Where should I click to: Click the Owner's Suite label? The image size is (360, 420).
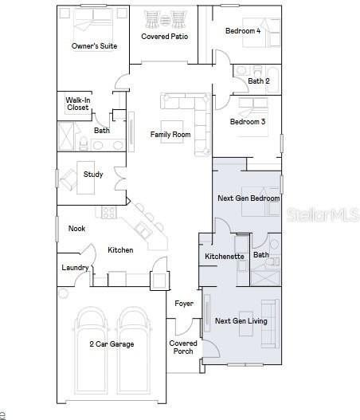pyautogui.click(x=94, y=46)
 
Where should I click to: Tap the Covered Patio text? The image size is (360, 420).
pyautogui.click(x=165, y=37)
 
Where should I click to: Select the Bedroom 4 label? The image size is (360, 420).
pyautogui.click(x=243, y=31)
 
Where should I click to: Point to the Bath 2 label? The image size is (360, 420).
pyautogui.click(x=259, y=81)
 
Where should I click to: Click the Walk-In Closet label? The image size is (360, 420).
pyautogui.click(x=78, y=104)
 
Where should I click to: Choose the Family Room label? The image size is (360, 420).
pyautogui.click(x=170, y=135)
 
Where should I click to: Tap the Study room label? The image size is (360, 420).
pyautogui.click(x=93, y=175)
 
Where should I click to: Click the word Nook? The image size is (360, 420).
pyautogui.click(x=76, y=229)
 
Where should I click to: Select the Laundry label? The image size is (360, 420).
pyautogui.click(x=75, y=268)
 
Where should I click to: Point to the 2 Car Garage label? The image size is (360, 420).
pyautogui.click(x=112, y=344)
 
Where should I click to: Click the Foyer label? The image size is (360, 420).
pyautogui.click(x=184, y=304)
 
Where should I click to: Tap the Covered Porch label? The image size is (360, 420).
pyautogui.click(x=183, y=347)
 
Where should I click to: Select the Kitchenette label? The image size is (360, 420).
pyautogui.click(x=225, y=257)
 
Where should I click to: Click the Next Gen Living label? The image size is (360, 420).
pyautogui.click(x=241, y=321)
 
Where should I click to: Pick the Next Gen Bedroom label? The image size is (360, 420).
pyautogui.click(x=248, y=198)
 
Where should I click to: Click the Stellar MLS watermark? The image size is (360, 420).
pyautogui.click(x=323, y=214)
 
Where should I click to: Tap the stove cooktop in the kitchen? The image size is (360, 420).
pyautogui.click(x=109, y=212)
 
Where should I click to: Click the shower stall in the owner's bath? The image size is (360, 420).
pyautogui.click(x=66, y=136)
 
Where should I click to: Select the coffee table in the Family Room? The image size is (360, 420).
pyautogui.click(x=172, y=131)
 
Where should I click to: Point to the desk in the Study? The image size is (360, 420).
pyautogui.click(x=86, y=178)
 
